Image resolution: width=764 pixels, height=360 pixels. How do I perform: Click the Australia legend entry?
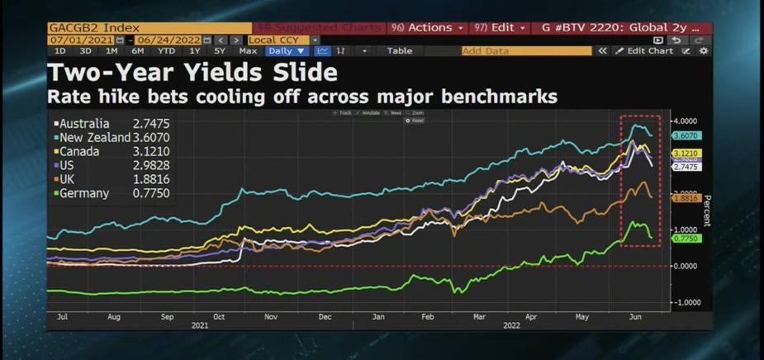coord(84,124)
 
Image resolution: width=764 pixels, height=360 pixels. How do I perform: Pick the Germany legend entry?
coord(83,193)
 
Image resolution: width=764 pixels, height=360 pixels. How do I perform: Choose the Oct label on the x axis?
coord(219,316)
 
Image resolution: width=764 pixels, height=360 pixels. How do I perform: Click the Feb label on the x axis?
coord(428,316)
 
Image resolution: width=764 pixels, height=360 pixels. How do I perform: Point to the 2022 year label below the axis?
coord(512,325)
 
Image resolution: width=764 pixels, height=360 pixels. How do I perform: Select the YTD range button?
coord(167,51)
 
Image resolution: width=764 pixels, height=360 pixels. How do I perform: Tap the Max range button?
coord(248,51)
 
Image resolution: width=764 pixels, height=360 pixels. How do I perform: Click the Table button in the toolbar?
coord(399,51)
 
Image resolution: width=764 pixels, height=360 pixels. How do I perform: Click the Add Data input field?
coord(526,51)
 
